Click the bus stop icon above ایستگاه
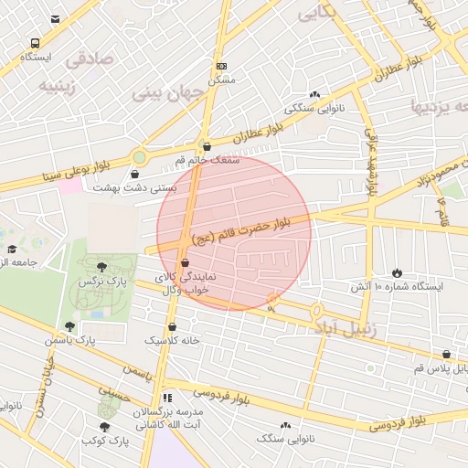[x=35, y=43]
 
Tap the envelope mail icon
[x=56, y=18]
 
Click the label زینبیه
[x=62, y=87]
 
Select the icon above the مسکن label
[x=221, y=67]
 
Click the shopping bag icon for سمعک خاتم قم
[x=206, y=145]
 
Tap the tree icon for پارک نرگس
[x=102, y=267]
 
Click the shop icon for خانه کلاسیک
[x=172, y=326]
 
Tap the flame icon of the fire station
[x=397, y=272]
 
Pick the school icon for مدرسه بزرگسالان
[x=166, y=398]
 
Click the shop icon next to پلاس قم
[x=446, y=354]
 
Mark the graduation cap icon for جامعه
[x=12, y=249]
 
